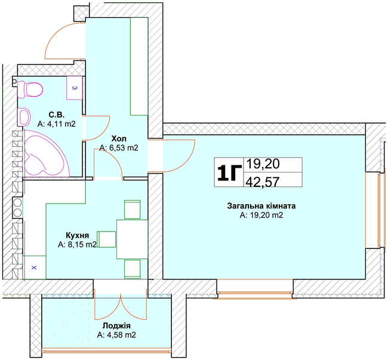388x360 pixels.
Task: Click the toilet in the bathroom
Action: (x=30, y=89)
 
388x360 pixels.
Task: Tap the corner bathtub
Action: (x=45, y=153)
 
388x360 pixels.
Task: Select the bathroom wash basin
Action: (x=24, y=117)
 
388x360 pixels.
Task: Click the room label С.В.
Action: (x=57, y=115)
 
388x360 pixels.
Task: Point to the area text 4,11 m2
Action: (x=57, y=124)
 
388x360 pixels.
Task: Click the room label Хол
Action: (x=119, y=139)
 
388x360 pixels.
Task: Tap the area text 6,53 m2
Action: (x=119, y=147)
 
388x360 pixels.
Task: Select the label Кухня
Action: (x=77, y=235)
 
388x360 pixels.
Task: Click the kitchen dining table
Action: (x=132, y=239)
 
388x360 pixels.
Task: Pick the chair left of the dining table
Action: (x=106, y=239)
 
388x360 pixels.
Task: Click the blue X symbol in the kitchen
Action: (x=34, y=267)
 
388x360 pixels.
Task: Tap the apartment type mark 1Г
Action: (x=229, y=173)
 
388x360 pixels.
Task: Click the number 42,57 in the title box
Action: (x=262, y=181)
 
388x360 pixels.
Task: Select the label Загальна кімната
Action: (x=261, y=206)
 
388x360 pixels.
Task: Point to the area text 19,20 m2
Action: (x=261, y=215)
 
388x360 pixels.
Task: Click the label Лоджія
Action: (x=116, y=325)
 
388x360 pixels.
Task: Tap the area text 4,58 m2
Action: (x=116, y=335)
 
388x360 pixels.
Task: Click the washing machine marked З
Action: (x=75, y=88)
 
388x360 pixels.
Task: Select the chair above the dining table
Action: (x=133, y=210)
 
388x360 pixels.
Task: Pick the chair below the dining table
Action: (x=133, y=269)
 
